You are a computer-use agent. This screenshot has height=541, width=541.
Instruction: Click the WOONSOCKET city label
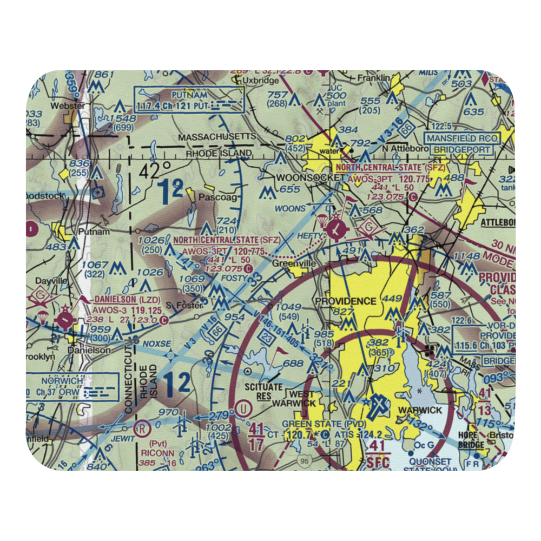(310, 177)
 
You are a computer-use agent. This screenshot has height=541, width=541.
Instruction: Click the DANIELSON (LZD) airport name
(120, 299)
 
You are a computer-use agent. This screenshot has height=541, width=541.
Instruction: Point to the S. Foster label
(184, 306)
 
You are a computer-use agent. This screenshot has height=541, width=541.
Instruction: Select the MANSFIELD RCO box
(460, 138)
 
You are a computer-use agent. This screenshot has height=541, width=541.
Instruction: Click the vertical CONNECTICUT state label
(129, 380)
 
